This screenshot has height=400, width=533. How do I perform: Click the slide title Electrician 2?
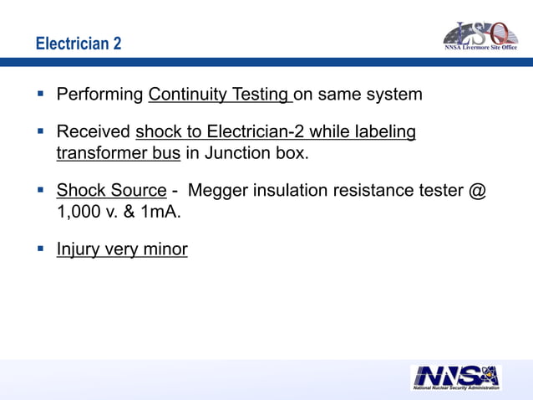(x=79, y=43)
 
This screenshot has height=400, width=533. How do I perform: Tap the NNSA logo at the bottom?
(x=456, y=377)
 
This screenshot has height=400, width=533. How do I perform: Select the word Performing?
(x=99, y=94)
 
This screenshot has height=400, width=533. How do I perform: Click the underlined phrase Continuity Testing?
(x=220, y=94)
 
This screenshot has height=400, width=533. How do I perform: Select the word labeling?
(x=385, y=132)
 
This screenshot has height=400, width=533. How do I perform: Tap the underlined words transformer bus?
(x=118, y=153)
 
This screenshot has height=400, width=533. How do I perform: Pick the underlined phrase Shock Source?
(x=111, y=192)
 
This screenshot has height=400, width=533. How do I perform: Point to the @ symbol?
(x=477, y=192)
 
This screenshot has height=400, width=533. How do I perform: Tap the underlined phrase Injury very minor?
(x=121, y=249)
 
